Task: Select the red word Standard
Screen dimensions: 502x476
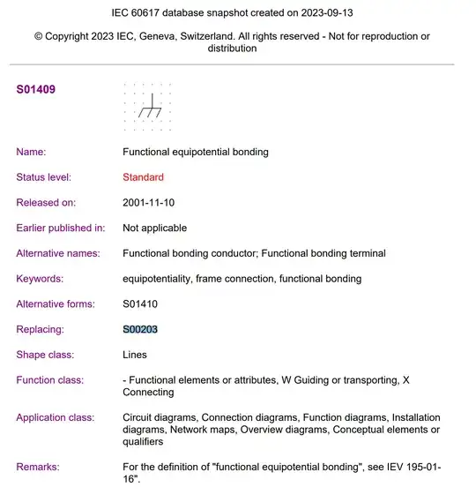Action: coord(143,177)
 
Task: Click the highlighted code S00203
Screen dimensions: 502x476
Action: coord(140,329)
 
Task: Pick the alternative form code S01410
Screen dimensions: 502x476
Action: coord(140,303)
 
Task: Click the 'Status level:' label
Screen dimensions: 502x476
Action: coord(44,177)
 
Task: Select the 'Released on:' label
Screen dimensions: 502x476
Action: coord(46,203)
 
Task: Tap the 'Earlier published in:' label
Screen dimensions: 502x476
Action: coord(60,228)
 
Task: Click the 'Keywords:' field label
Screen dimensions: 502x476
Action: coord(40,279)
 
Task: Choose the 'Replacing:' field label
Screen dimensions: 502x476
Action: coord(41,329)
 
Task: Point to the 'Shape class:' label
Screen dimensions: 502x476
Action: coord(45,355)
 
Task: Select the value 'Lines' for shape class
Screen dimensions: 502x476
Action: coord(135,355)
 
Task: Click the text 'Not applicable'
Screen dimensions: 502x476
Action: coord(156,228)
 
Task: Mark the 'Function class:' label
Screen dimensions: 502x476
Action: coord(50,380)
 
